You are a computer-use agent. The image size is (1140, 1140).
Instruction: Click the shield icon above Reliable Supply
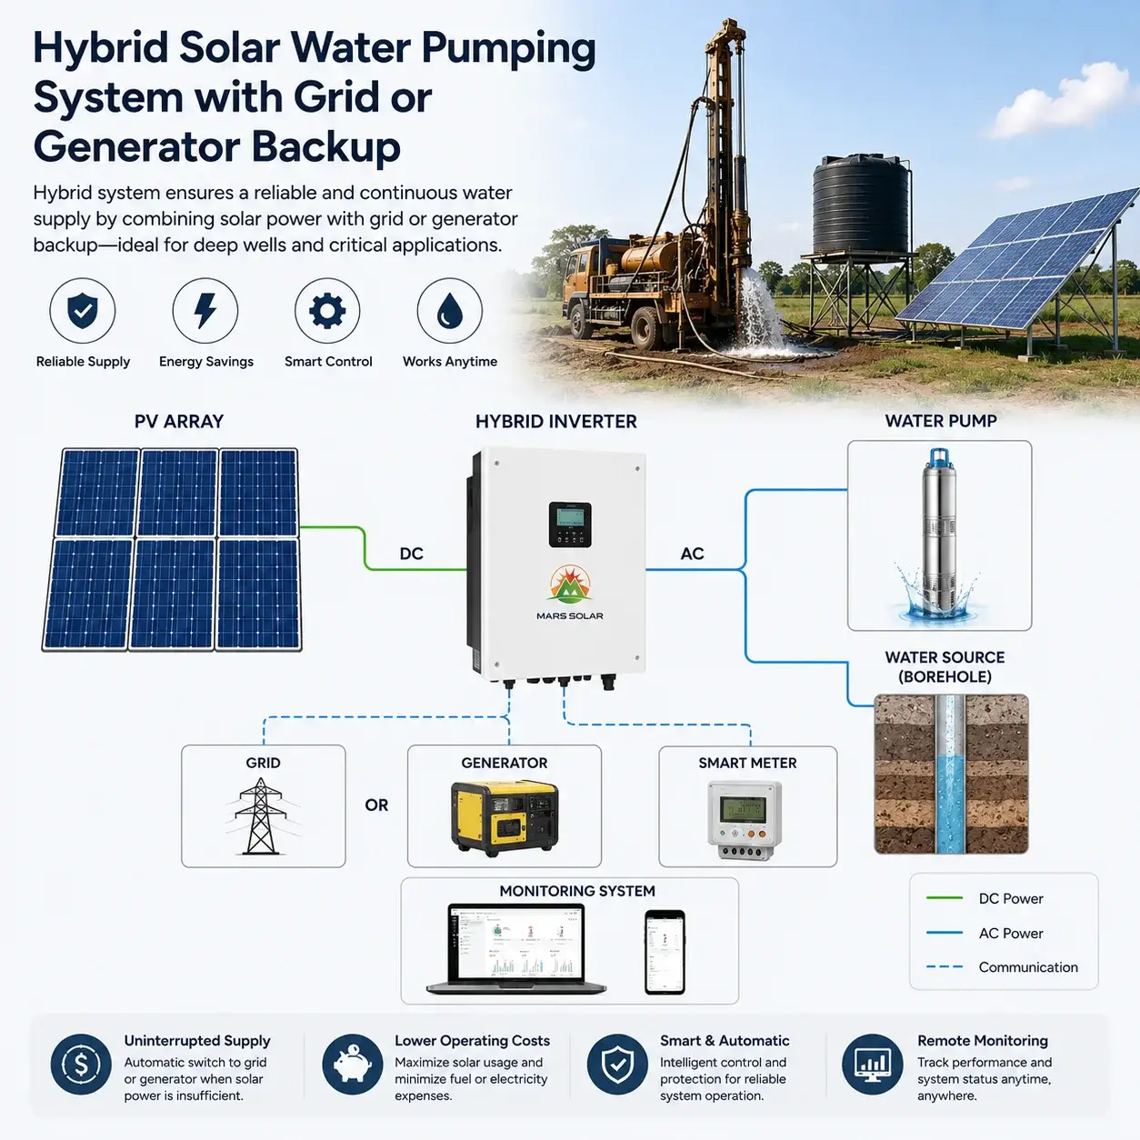(x=82, y=311)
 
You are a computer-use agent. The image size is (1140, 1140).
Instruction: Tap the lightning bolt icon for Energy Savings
(x=205, y=311)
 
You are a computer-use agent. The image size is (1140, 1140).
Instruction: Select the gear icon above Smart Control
(x=327, y=311)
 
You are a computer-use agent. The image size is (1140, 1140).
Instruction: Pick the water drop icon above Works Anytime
(x=450, y=311)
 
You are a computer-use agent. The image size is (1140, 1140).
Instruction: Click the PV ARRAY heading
(x=179, y=421)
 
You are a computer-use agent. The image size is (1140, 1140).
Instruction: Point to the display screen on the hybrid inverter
(x=570, y=518)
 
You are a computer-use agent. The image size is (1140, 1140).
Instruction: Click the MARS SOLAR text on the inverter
(x=570, y=615)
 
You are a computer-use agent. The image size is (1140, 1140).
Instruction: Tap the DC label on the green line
(x=411, y=554)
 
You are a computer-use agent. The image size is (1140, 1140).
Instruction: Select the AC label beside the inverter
(x=692, y=554)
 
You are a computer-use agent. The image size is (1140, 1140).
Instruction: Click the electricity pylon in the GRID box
(x=260, y=816)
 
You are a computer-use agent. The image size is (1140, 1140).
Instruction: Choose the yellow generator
(x=504, y=817)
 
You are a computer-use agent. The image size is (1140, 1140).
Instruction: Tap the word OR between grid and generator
(x=376, y=805)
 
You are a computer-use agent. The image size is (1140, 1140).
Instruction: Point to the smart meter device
(x=745, y=820)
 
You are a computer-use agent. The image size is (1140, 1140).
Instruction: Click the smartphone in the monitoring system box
(x=665, y=952)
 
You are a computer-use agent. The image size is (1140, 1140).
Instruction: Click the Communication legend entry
(x=1002, y=967)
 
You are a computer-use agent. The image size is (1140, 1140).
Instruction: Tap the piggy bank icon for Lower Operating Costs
(x=353, y=1065)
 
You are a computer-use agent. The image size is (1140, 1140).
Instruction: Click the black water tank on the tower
(x=861, y=205)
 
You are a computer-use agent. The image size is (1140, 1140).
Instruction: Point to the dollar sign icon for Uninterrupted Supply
(x=81, y=1065)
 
